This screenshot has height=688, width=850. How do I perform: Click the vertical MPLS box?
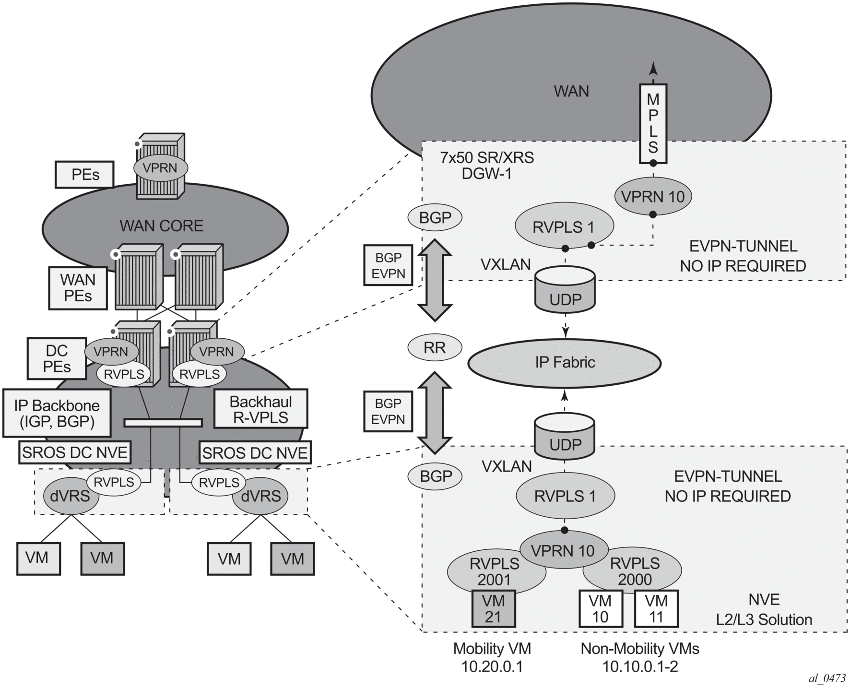pos(653,123)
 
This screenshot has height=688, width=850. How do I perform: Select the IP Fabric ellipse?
pos(565,363)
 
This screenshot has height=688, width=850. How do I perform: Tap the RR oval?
pos(435,347)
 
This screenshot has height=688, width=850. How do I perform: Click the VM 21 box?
pos(494,608)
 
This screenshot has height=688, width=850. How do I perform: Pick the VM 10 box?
pos(601,608)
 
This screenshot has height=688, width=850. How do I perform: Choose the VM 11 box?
pos(656,608)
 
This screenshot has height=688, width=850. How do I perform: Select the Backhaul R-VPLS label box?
pos(260,409)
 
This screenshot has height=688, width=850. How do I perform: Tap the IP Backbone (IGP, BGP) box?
pos(57,413)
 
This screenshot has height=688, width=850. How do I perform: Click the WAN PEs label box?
pos(78,287)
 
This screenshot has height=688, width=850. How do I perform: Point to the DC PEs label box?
pos(57,358)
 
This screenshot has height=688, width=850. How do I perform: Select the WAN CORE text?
pos(162,225)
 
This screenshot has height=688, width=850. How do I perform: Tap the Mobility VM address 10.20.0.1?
pos(492,666)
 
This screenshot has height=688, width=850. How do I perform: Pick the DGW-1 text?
pos(487,174)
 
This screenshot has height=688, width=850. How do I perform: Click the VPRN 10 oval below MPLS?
pos(652,197)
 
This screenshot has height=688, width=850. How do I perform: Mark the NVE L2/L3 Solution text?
pos(764,609)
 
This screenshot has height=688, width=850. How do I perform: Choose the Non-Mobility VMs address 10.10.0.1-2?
pos(640,666)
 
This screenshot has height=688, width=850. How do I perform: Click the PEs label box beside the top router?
pos(85,174)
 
